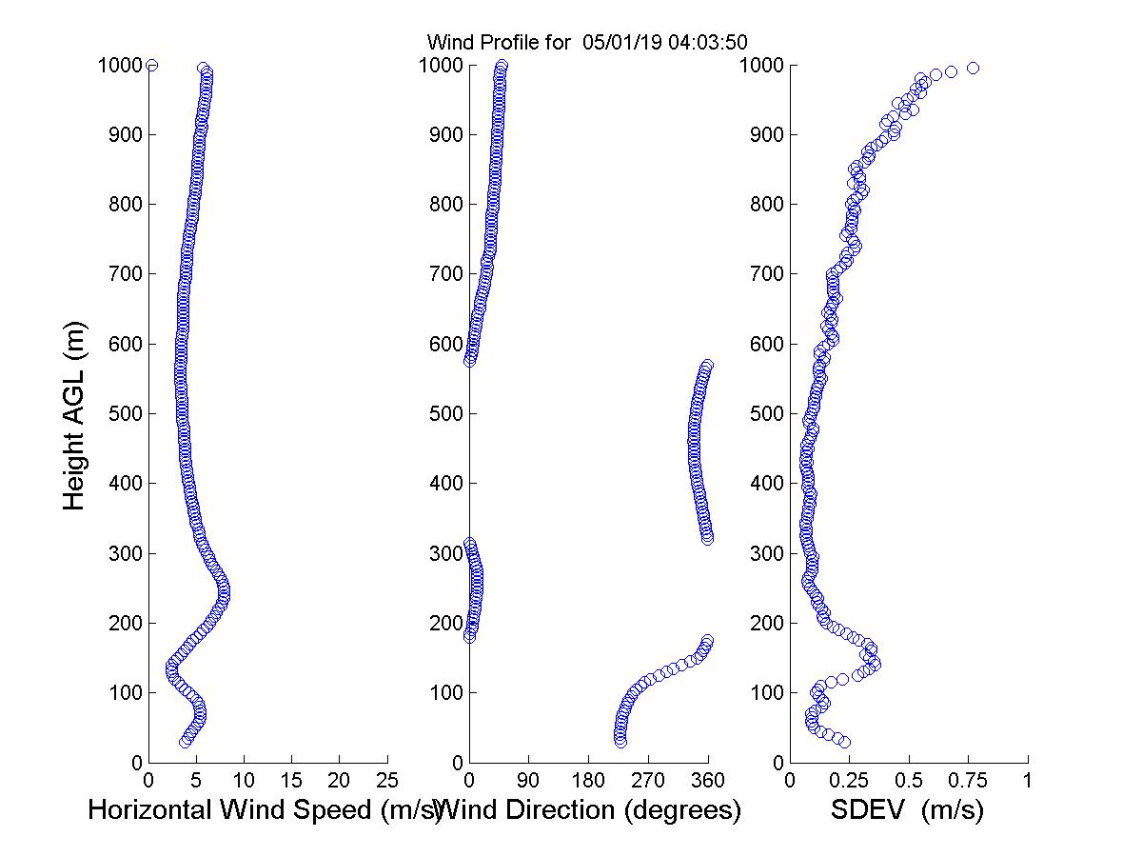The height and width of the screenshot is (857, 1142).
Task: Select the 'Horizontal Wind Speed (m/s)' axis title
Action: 265,810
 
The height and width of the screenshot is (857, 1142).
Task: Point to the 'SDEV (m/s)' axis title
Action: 907,810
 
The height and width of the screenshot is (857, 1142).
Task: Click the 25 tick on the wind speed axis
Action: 387,781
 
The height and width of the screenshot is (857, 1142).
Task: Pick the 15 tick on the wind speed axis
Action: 292,781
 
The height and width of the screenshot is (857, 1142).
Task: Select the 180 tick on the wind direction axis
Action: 588,781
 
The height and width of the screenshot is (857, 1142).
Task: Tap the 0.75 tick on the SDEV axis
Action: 968,781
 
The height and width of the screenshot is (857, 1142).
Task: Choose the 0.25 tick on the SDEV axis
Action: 849,781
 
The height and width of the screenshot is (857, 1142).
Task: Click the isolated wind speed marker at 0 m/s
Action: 151,65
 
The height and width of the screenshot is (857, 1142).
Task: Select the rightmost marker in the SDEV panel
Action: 973,68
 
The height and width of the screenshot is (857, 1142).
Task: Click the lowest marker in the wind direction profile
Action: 620,742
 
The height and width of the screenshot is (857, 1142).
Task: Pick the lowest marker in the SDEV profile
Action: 844,742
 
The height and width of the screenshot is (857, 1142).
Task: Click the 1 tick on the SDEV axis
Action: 1028,781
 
